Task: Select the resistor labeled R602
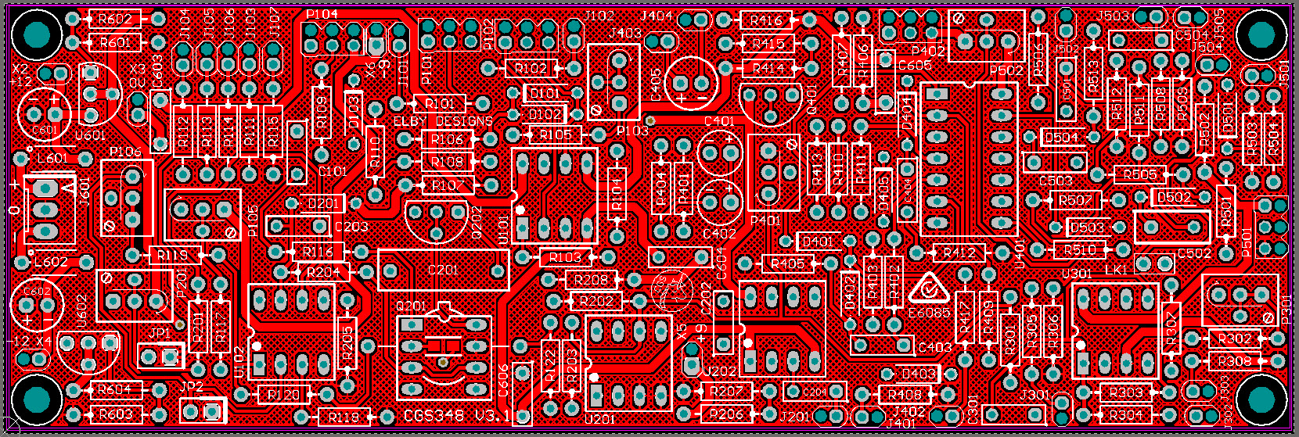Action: tap(115, 19)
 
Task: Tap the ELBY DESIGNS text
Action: tap(443, 121)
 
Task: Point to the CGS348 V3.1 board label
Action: tap(457, 417)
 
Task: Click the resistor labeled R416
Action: tap(766, 20)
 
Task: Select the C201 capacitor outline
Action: tap(443, 270)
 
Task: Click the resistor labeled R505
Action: tap(1139, 174)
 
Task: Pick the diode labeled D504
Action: tap(1061, 138)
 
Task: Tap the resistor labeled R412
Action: tap(959, 253)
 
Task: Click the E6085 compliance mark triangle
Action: tap(929, 291)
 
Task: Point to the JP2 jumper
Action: tap(202, 410)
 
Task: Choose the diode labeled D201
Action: tap(322, 203)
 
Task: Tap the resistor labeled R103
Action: tap(565, 256)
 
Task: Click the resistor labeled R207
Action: tap(725, 391)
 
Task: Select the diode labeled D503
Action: tap(1087, 227)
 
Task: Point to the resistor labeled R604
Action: tap(115, 389)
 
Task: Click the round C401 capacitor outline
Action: tap(719, 151)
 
